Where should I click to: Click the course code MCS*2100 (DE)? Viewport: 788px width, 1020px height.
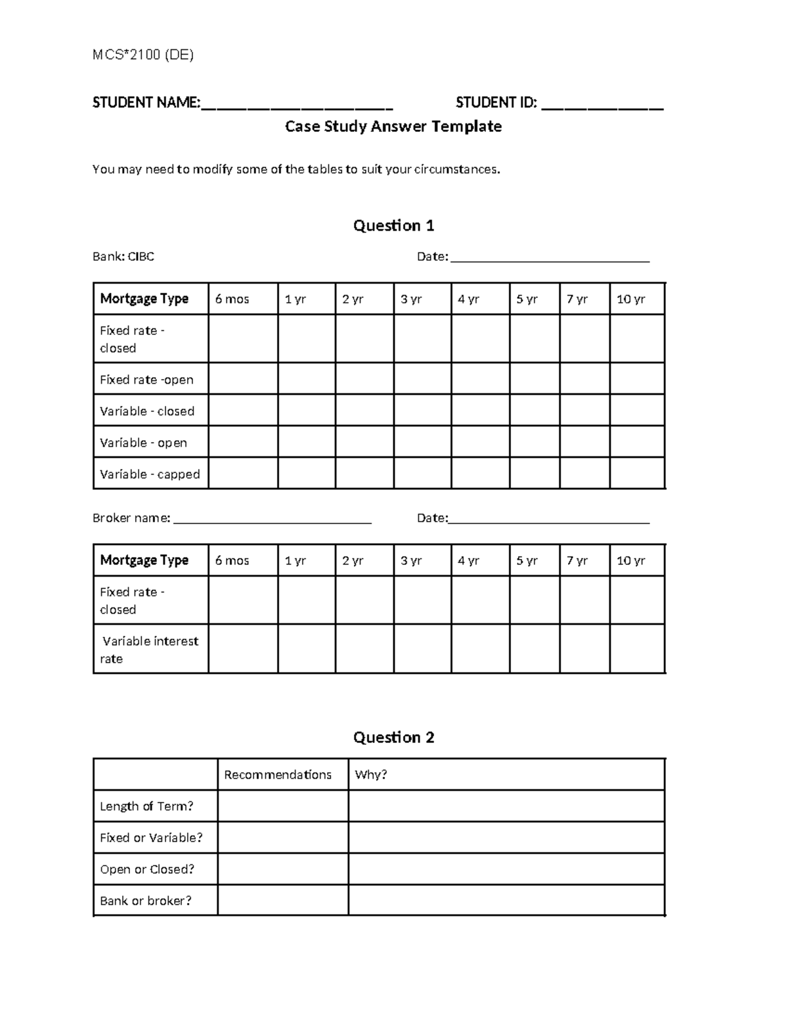point(142,55)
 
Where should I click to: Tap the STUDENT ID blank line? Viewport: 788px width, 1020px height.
point(602,105)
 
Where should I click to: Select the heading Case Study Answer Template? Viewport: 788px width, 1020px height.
point(393,126)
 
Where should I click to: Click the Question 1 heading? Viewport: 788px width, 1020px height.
point(393,226)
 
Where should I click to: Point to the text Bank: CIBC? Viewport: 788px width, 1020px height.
point(123,257)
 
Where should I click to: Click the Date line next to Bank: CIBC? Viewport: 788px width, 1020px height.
point(550,259)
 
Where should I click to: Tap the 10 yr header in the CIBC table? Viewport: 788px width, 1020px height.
point(630,299)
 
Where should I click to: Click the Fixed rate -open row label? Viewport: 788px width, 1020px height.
point(146,380)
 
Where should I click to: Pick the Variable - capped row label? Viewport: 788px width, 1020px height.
point(150,474)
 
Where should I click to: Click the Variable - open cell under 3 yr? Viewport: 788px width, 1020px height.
point(422,442)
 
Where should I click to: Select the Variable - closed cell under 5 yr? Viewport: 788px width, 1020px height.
point(535,410)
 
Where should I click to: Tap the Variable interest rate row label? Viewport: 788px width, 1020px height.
point(149,649)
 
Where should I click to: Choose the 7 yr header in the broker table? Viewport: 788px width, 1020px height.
point(577,561)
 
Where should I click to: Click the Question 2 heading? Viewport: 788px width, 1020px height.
point(393,738)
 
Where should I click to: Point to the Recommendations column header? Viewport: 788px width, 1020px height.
point(278,775)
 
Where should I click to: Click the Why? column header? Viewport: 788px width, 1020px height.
point(371,775)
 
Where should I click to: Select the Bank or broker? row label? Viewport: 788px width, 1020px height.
point(146,901)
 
